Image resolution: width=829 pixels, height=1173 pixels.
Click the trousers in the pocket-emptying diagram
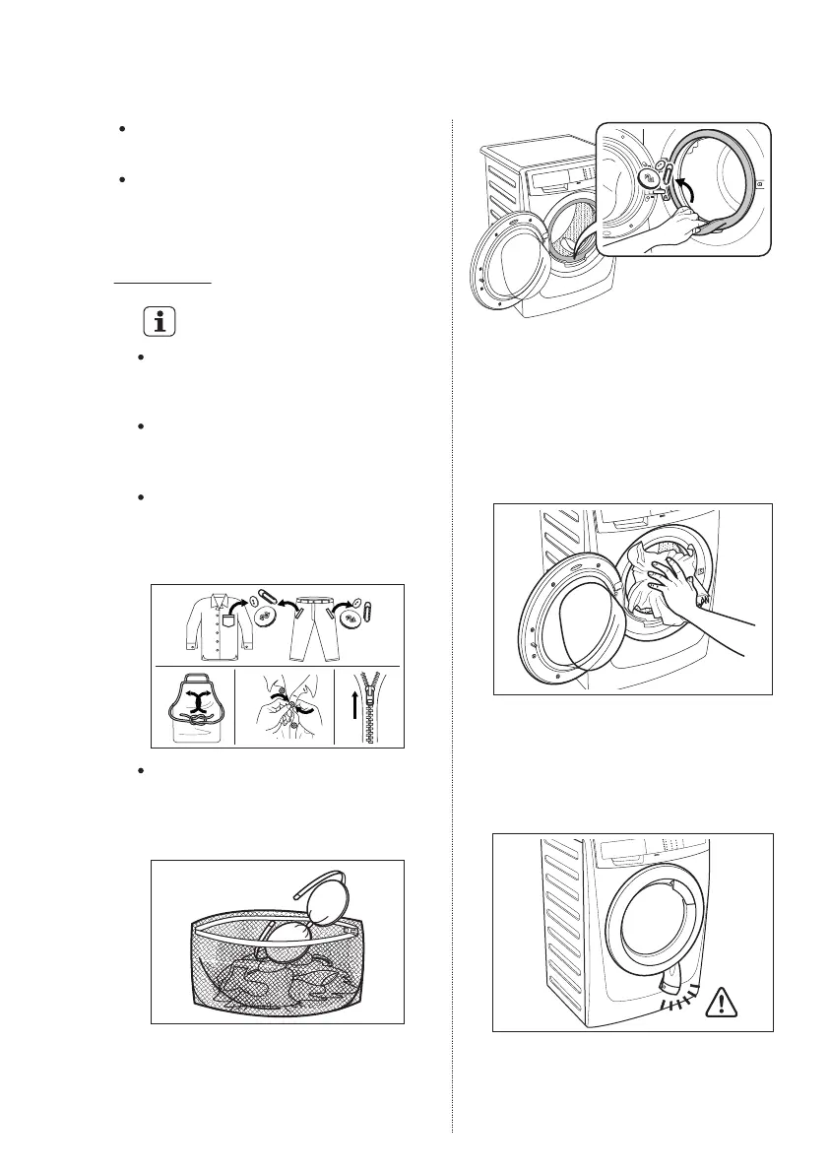click(x=307, y=626)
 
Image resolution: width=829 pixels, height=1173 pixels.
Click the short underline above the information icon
click(x=162, y=283)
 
